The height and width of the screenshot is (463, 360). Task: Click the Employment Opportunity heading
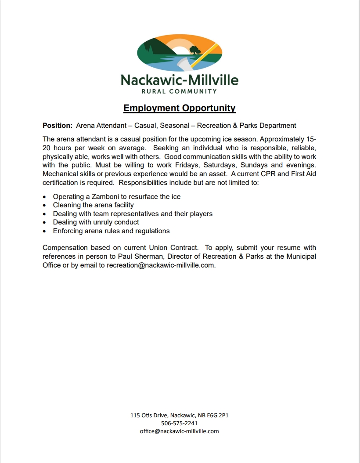click(179, 108)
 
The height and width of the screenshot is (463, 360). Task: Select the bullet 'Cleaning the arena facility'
click(93, 205)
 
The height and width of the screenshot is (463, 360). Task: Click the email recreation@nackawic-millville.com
click(161, 265)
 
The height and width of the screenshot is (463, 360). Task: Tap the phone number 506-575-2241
click(179, 423)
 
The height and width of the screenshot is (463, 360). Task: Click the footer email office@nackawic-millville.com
click(179, 431)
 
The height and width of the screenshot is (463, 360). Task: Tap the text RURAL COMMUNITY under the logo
click(179, 91)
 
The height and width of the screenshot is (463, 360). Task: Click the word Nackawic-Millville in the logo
click(179, 80)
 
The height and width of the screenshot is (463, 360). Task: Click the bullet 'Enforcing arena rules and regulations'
click(111, 231)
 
